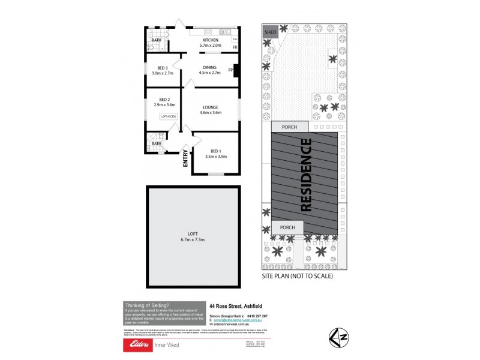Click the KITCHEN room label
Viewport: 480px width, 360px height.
[x=210, y=40]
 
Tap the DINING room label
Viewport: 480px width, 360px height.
[x=210, y=67]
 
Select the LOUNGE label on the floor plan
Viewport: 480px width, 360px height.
[x=210, y=107]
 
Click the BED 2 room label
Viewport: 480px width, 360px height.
[x=165, y=99]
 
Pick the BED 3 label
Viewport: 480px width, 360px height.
[x=162, y=67]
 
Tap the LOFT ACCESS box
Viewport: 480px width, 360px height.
[x=168, y=116]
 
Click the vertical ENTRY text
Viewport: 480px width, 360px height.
[x=185, y=158]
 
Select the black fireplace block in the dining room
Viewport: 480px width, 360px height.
[x=236, y=70]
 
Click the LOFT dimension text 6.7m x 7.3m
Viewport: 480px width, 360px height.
[x=193, y=239]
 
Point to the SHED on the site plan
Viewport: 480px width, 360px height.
[x=270, y=32]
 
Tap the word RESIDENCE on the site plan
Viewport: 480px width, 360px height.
[x=305, y=175]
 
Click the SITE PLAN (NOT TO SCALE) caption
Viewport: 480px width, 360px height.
[x=297, y=277]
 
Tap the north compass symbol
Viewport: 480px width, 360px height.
[x=338, y=337]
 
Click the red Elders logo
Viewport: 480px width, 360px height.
[x=142, y=345]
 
